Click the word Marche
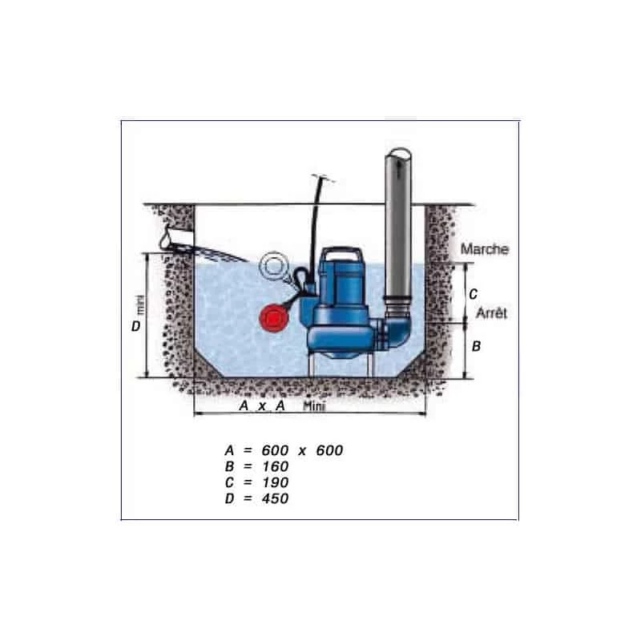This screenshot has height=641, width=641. tap(484, 249)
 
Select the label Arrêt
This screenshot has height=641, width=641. tap(492, 314)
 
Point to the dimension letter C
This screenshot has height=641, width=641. tap(473, 293)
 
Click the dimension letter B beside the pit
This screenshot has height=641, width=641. tap(475, 347)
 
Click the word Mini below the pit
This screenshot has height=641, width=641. tap(316, 406)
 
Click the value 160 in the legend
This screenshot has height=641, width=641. tap(272, 466)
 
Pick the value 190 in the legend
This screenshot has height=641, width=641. tap(272, 482)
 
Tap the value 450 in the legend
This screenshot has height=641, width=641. tap(272, 498)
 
